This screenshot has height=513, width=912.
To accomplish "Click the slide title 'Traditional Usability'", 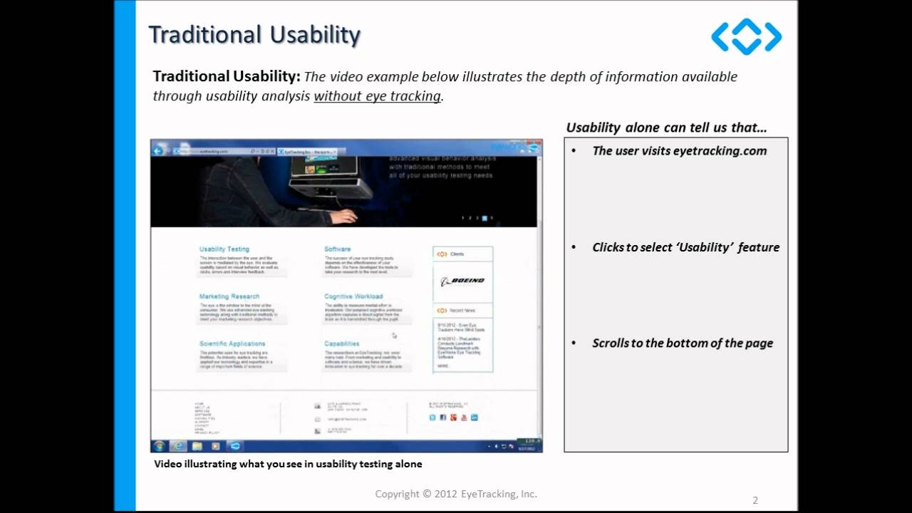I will pyautogui.click(x=254, y=35).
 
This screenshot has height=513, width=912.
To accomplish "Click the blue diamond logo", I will pyautogui.click(x=746, y=36).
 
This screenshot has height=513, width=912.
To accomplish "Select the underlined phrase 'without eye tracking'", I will pyautogui.click(x=377, y=96).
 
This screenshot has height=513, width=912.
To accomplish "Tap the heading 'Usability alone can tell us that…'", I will pyautogui.click(x=666, y=128).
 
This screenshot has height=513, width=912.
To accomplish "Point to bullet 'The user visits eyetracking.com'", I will pyautogui.click(x=679, y=151).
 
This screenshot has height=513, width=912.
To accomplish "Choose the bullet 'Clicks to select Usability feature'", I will pyautogui.click(x=685, y=247).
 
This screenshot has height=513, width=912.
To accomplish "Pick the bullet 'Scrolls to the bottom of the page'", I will pyautogui.click(x=682, y=343).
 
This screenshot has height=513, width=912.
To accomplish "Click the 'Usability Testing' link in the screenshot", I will pyautogui.click(x=224, y=249).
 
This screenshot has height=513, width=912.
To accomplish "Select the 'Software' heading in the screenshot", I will pyautogui.click(x=338, y=249).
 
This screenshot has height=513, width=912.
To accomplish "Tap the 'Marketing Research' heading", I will pyautogui.click(x=229, y=296).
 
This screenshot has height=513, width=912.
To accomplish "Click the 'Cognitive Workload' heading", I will pyautogui.click(x=353, y=296).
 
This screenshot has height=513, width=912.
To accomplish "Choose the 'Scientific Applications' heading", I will pyautogui.click(x=232, y=343).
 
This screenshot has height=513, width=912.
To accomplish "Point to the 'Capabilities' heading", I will pyautogui.click(x=342, y=343).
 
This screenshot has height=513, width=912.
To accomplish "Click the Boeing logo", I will pyautogui.click(x=462, y=281).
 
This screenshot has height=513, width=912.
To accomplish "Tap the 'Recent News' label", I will pyautogui.click(x=462, y=311).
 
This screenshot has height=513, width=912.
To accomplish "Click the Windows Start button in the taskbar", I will pyautogui.click(x=160, y=446).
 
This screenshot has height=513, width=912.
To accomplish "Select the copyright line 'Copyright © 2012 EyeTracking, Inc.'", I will pyautogui.click(x=456, y=494).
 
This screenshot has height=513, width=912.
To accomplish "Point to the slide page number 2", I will pyautogui.click(x=755, y=500).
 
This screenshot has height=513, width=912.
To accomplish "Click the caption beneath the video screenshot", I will pyautogui.click(x=288, y=465).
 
